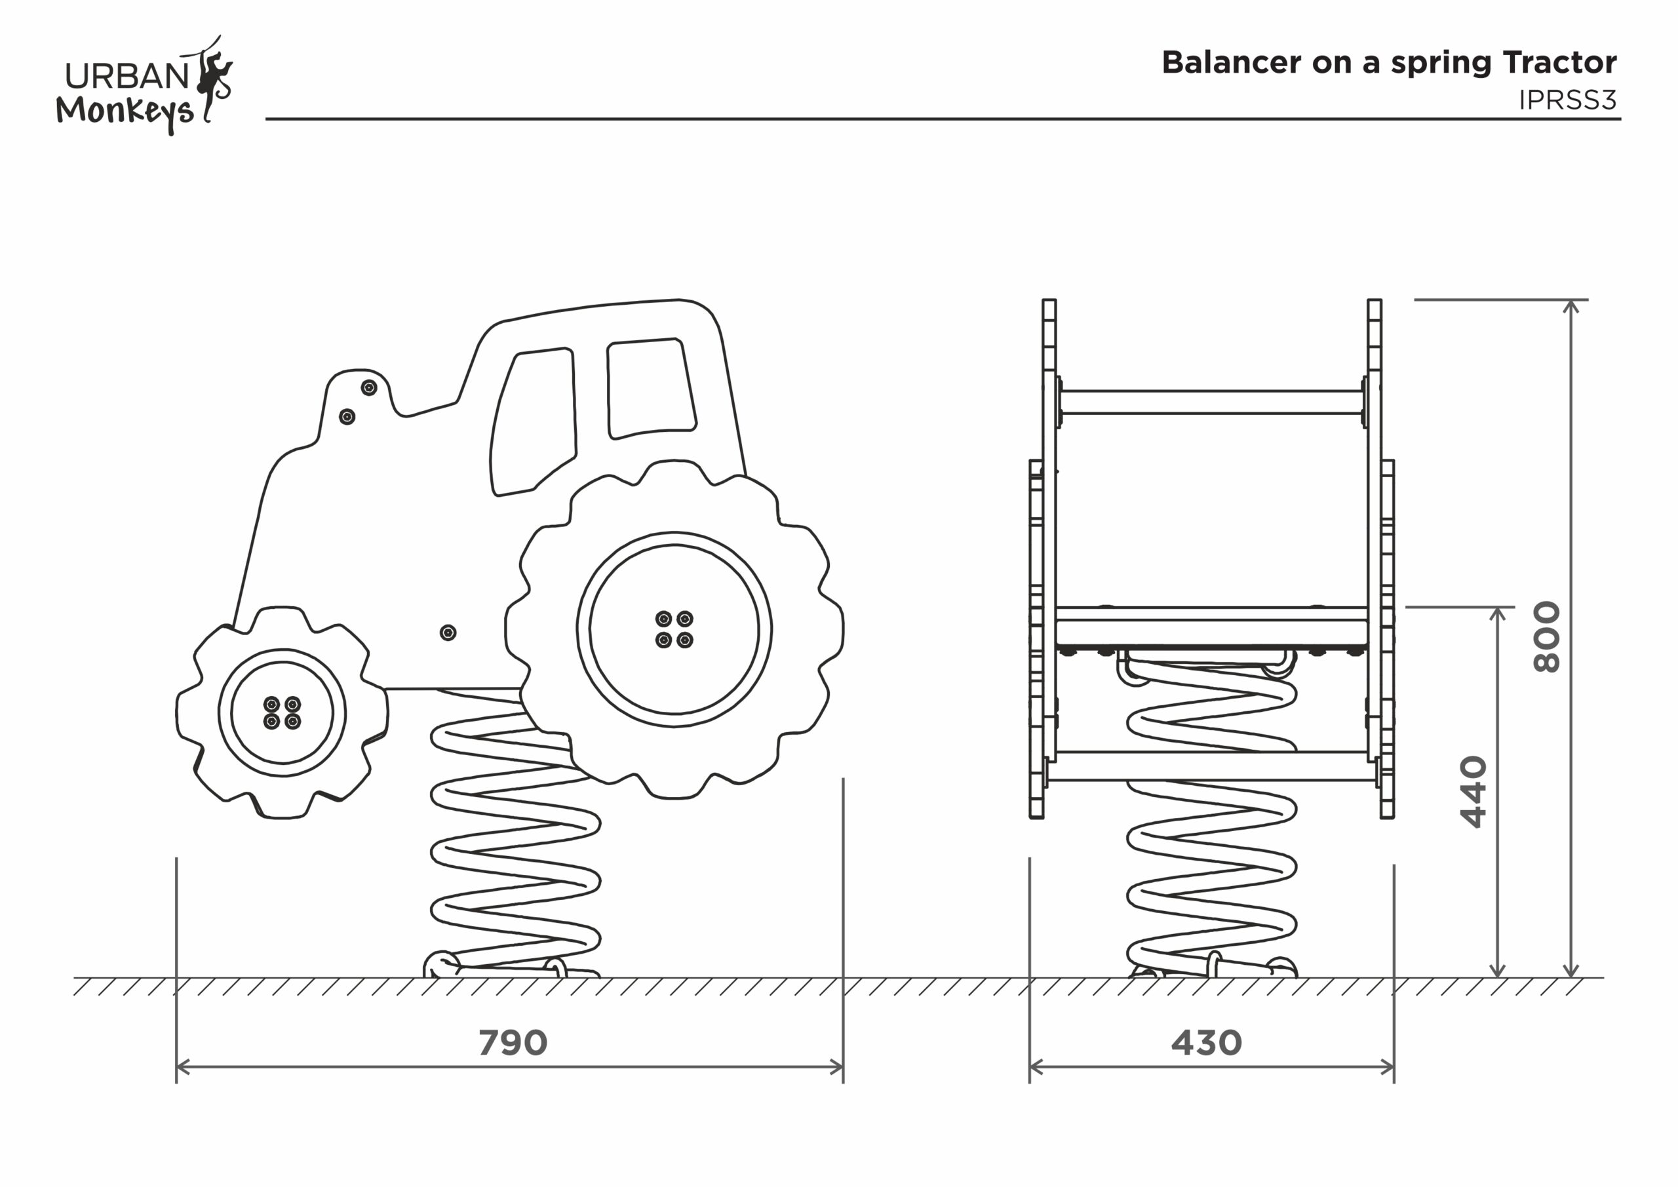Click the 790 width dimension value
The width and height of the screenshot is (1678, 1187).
pyautogui.click(x=513, y=1043)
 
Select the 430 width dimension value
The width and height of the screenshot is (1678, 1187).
pyautogui.click(x=1206, y=1043)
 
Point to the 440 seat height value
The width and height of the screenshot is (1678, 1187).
pyautogui.click(x=1473, y=792)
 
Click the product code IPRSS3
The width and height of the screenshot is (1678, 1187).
pyautogui.click(x=1567, y=100)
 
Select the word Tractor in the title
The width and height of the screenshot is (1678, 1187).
pyautogui.click(x=1559, y=63)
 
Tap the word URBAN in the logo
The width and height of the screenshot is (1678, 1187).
pyautogui.click(x=127, y=76)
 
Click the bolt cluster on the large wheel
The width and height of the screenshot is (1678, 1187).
pyautogui.click(x=674, y=629)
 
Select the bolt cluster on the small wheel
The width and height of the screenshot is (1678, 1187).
pyautogui.click(x=282, y=713)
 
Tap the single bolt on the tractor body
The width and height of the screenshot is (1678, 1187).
pyautogui.click(x=448, y=632)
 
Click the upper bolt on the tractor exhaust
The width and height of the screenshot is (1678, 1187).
pyautogui.click(x=369, y=387)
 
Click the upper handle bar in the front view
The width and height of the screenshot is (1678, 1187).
pyautogui.click(x=1211, y=402)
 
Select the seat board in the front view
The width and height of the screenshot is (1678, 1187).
pyautogui.click(x=1211, y=627)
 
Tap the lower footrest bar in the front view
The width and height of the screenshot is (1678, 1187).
pyautogui.click(x=1211, y=766)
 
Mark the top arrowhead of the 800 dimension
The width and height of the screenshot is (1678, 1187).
pyautogui.click(x=1571, y=305)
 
